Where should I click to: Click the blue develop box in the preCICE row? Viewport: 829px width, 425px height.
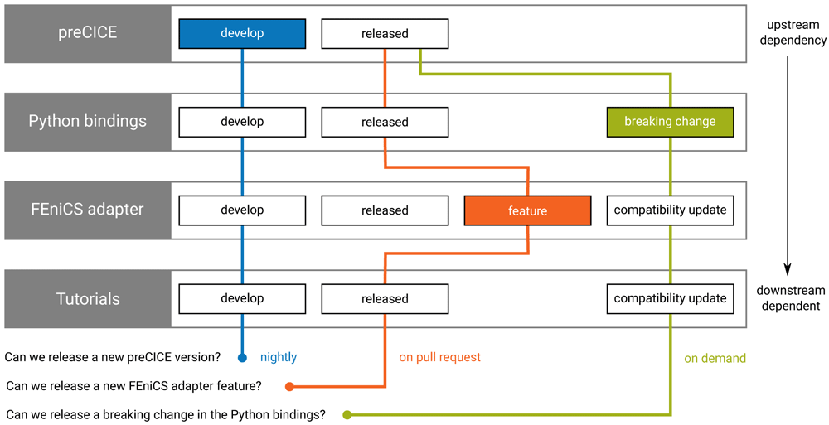(242, 33)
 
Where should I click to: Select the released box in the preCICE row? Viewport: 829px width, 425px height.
(385, 34)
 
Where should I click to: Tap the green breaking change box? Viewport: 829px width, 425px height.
(671, 122)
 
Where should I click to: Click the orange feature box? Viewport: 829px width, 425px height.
(527, 210)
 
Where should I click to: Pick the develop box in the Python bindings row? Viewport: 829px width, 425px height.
(242, 122)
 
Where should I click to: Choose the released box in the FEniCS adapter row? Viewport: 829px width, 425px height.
(385, 210)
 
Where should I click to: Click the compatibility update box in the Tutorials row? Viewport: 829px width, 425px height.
(671, 299)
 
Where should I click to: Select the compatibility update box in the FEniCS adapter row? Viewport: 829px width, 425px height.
(671, 210)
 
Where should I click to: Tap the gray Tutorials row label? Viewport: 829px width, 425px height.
(88, 299)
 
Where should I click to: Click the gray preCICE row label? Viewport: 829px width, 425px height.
(88, 34)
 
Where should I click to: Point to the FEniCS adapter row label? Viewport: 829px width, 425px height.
(88, 210)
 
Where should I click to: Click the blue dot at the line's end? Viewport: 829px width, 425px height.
(242, 358)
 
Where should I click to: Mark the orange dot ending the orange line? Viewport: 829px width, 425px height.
(289, 386)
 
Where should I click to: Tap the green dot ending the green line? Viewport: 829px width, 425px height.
(347, 415)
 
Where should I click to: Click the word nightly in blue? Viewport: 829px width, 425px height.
(279, 358)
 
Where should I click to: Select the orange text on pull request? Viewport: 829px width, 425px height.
(440, 357)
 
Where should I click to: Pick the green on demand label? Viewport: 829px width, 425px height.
(715, 359)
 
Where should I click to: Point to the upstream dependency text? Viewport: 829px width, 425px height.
(793, 33)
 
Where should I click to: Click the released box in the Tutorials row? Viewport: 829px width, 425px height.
(385, 299)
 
